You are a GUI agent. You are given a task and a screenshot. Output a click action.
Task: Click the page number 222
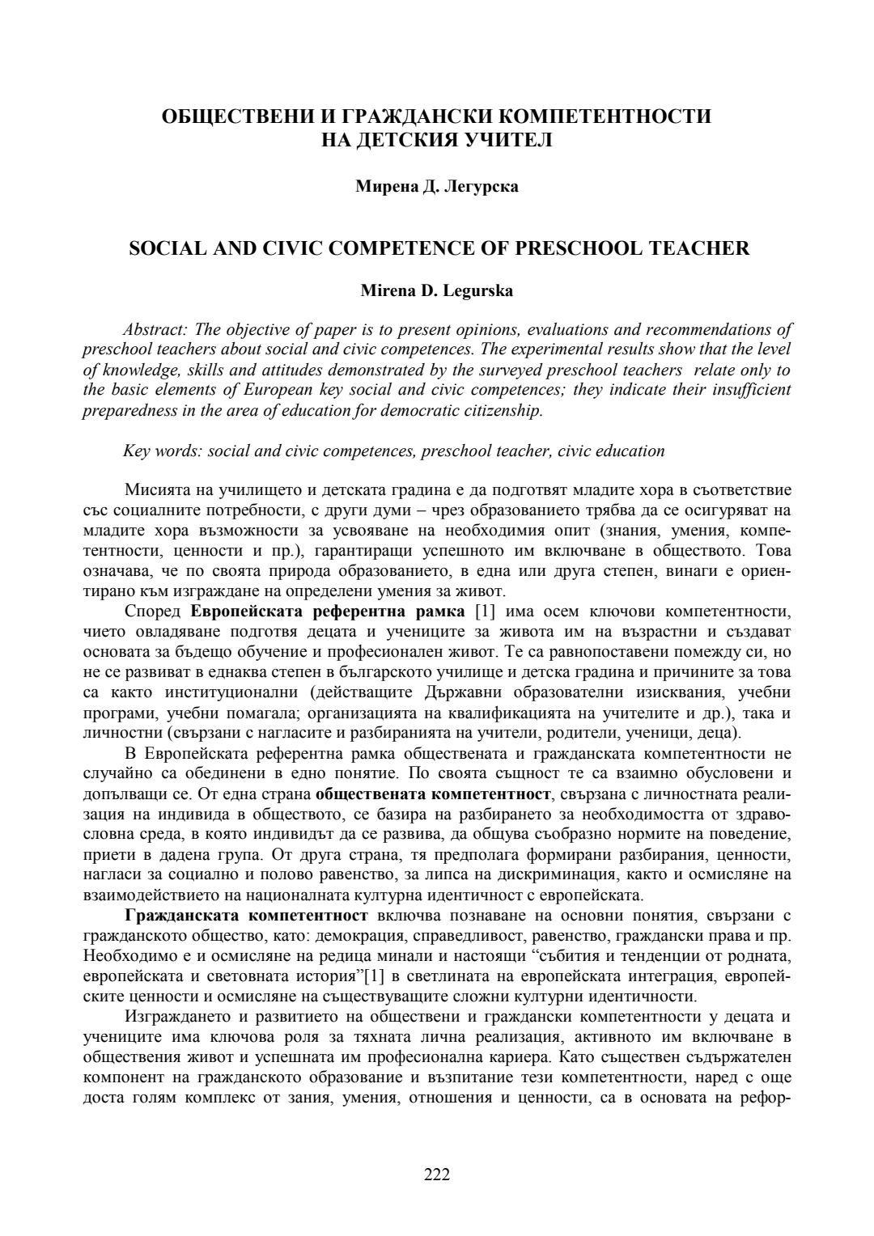click(x=437, y=1175)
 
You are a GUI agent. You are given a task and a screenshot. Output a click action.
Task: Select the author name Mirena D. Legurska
click(x=436, y=291)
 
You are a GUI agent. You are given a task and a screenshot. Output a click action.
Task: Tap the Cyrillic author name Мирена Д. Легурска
click(x=437, y=187)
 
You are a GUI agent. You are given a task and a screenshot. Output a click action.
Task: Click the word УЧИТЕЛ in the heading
click(x=508, y=140)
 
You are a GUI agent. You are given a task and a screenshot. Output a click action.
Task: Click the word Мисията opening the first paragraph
click(x=155, y=489)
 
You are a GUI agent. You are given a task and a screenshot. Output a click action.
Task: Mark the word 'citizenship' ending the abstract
click(x=499, y=410)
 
